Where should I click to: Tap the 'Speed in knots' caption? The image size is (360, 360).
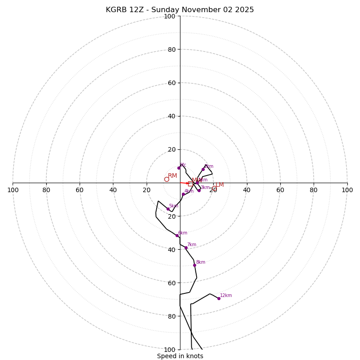(x=180, y=356)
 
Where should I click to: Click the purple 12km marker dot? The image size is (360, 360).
(x=219, y=298)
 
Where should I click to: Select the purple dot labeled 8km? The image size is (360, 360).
(x=194, y=265)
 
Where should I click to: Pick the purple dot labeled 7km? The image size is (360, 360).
(x=186, y=247)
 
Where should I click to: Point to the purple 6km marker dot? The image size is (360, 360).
(x=177, y=235)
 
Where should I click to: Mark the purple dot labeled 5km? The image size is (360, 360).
(x=168, y=209)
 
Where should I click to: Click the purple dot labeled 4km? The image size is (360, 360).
(x=183, y=194)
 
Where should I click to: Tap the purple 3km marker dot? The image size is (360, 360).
(x=199, y=190)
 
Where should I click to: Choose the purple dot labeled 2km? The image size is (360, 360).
(x=203, y=169)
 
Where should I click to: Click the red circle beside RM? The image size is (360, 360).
(x=166, y=179)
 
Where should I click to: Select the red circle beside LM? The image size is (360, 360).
(x=214, y=189)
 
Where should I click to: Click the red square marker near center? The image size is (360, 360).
(x=190, y=184)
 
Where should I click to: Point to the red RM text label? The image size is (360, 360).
(x=172, y=175)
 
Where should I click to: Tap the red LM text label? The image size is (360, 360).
(x=220, y=185)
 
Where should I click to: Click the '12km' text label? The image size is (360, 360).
(x=226, y=296)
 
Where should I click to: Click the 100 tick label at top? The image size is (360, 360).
(x=170, y=16)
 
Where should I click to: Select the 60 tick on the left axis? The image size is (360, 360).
(x=80, y=190)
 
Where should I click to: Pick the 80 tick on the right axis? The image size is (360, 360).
(x=314, y=190)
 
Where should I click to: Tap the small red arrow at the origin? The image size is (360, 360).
(x=184, y=183)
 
